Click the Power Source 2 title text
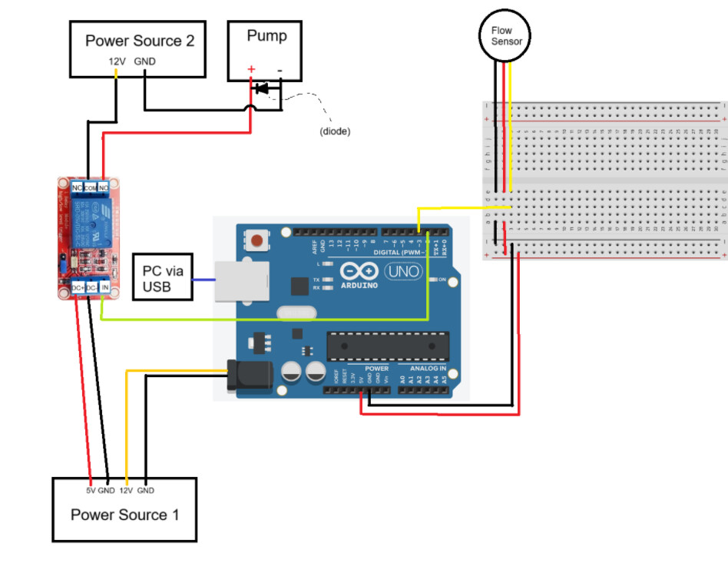139,41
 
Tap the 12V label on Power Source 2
117,61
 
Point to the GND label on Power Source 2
145,61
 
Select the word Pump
266,36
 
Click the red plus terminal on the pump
250,69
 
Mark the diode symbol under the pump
263,88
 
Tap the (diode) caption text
335,131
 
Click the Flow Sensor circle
506,35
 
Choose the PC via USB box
162,278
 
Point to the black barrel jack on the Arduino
251,374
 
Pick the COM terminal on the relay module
90,187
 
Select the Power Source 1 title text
124,515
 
